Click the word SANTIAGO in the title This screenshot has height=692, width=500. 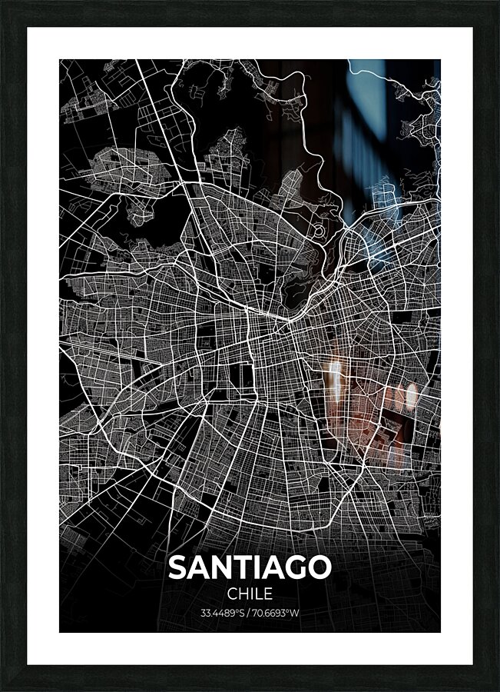click(250, 567)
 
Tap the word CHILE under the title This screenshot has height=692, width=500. click(250, 594)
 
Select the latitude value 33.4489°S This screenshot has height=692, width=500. click(223, 614)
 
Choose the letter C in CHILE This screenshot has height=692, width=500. click(232, 594)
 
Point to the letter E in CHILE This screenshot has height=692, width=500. click(267, 594)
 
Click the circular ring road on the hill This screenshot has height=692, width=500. click(318, 231)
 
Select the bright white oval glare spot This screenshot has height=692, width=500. click(411, 395)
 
